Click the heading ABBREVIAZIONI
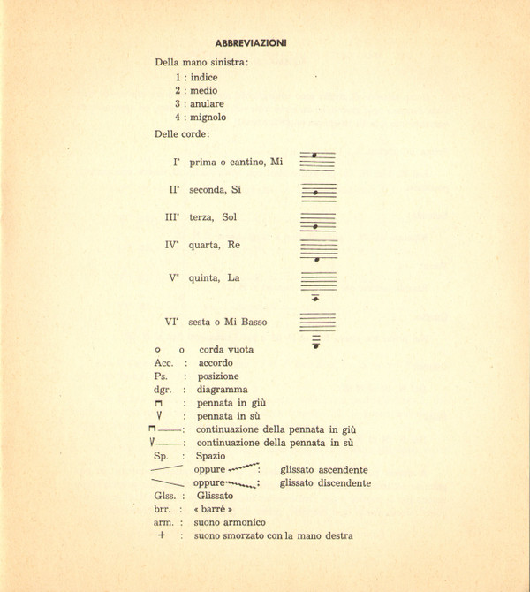250,42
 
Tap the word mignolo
208,117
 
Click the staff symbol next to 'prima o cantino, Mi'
317,160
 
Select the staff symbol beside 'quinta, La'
318,287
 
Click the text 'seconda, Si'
215,189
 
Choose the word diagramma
222,389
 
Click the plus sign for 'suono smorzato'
161,535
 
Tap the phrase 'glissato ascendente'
324,470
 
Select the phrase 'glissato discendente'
325,483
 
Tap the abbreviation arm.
163,522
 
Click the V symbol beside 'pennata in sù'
160,415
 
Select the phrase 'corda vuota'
226,350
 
